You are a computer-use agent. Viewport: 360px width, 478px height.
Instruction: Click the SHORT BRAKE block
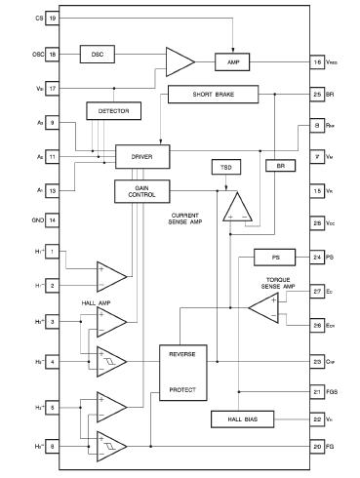tap(214, 95)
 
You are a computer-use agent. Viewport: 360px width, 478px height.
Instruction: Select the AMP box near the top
tap(233, 61)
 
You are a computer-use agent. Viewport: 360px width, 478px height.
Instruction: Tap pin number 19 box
tap(52, 19)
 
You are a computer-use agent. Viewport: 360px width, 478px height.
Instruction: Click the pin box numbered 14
tap(52, 220)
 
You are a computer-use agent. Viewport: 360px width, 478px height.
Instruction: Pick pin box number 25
tap(318, 95)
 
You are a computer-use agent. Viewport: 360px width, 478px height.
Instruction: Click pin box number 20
tap(318, 446)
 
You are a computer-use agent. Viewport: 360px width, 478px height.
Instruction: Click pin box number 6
tap(52, 446)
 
